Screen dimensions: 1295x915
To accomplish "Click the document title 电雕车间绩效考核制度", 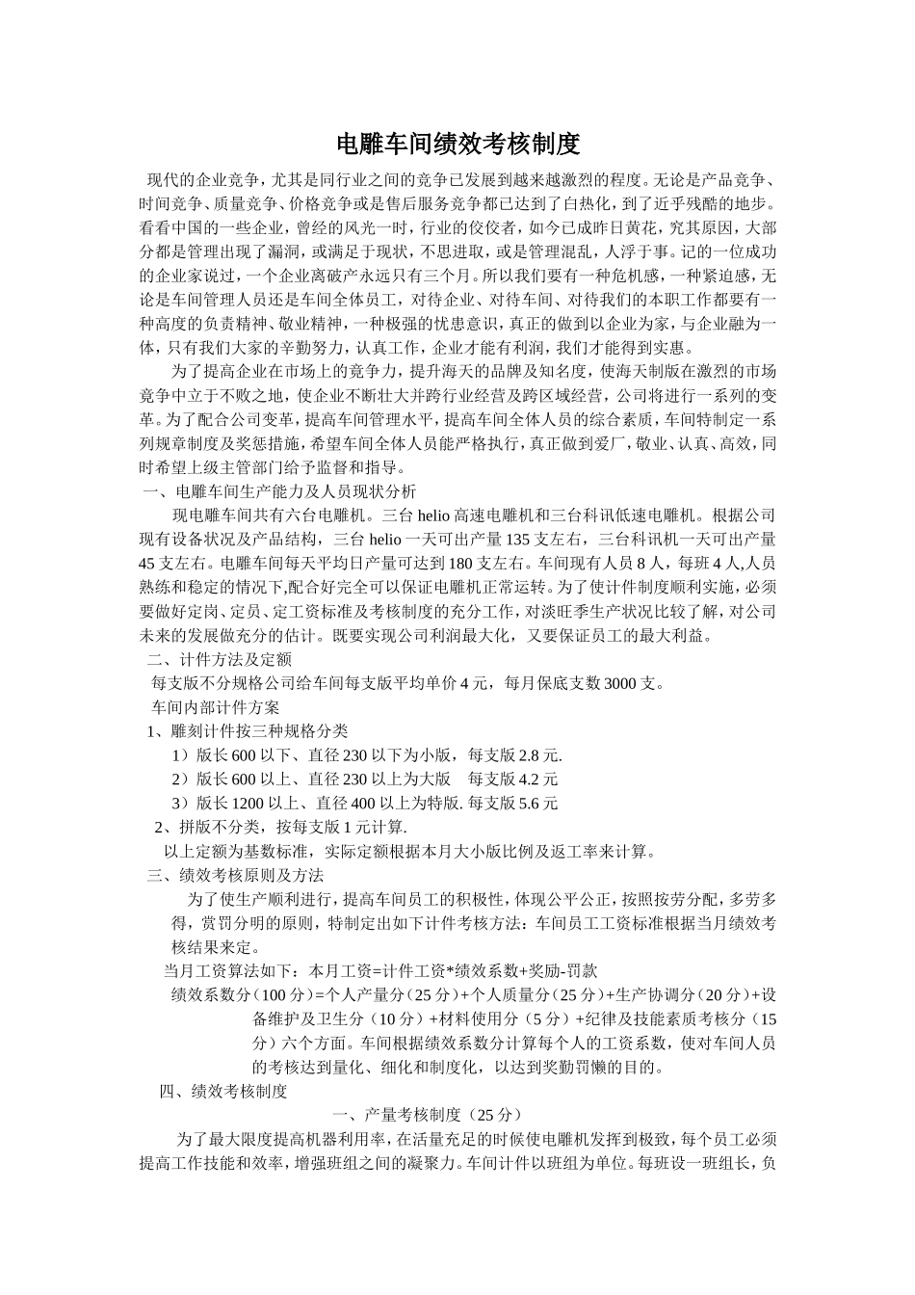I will [x=457, y=145].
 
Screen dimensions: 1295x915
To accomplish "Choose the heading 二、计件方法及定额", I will [x=219, y=660].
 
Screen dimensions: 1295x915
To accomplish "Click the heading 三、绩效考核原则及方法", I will [x=235, y=876].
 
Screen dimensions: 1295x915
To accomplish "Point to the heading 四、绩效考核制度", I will [x=223, y=1092].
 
